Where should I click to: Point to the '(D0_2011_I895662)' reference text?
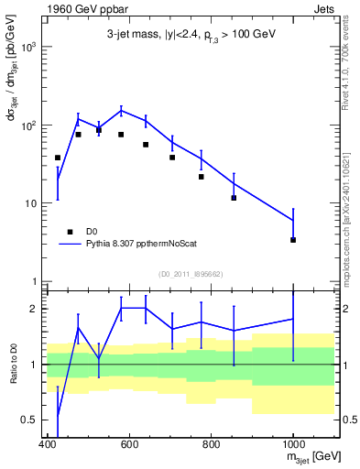coord(189,273)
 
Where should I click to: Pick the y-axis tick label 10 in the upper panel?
coord(30,202)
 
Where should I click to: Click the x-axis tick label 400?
coord(48,444)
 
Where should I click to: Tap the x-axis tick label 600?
coord(129,444)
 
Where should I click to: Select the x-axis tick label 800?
coord(212,444)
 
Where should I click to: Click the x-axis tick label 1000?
coord(293,444)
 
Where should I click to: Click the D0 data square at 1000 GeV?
coord(293,240)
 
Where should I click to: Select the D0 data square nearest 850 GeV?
coord(234,198)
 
